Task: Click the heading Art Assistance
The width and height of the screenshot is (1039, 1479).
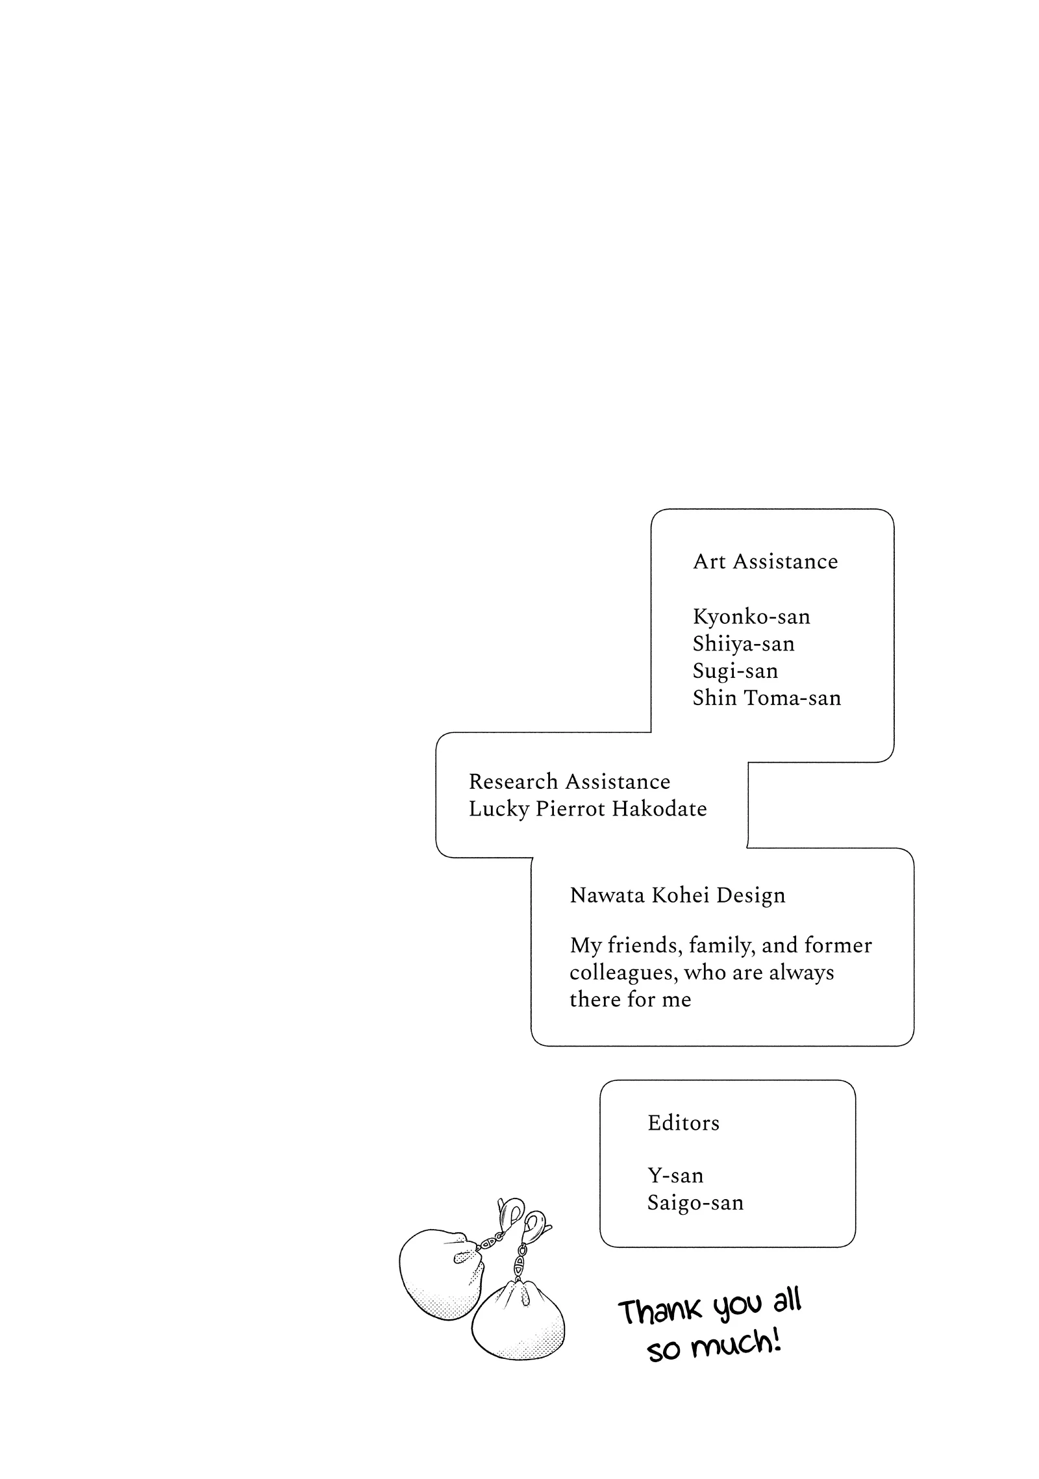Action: [765, 562]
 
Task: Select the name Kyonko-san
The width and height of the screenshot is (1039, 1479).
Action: [751, 616]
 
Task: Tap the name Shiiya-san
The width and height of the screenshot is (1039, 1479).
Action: [744, 643]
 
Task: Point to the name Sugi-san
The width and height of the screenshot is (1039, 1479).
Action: [735, 671]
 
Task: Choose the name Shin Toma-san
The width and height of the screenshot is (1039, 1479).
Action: [766, 698]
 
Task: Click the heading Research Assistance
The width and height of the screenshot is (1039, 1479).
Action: [569, 781]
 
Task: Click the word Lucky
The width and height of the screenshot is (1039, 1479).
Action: [498, 809]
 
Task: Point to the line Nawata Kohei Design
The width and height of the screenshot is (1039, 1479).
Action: [677, 895]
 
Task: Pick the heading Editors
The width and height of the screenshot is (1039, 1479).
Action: [683, 1123]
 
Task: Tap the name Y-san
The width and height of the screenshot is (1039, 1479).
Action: [675, 1176]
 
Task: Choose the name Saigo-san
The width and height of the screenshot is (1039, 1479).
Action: [695, 1202]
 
